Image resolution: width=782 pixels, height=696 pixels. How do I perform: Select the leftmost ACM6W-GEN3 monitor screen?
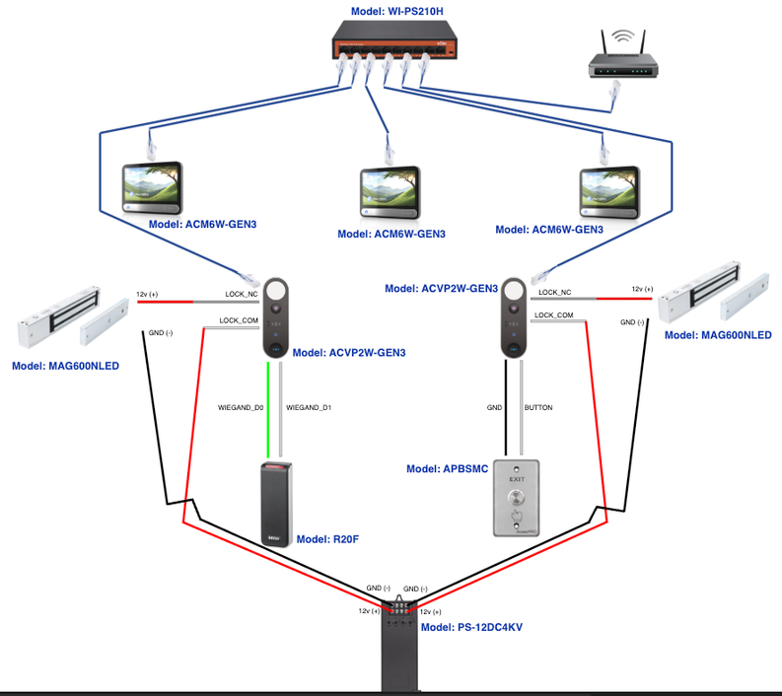pos(151,185)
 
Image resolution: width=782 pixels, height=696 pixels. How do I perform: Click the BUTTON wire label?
pos(538,407)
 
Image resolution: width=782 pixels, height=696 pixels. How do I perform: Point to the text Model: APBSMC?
pos(447,469)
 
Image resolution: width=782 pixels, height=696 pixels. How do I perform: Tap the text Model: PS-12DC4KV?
pos(471,627)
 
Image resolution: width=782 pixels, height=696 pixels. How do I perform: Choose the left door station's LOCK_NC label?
pos(241,294)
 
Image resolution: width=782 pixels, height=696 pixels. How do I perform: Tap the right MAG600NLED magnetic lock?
pos(714,290)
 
